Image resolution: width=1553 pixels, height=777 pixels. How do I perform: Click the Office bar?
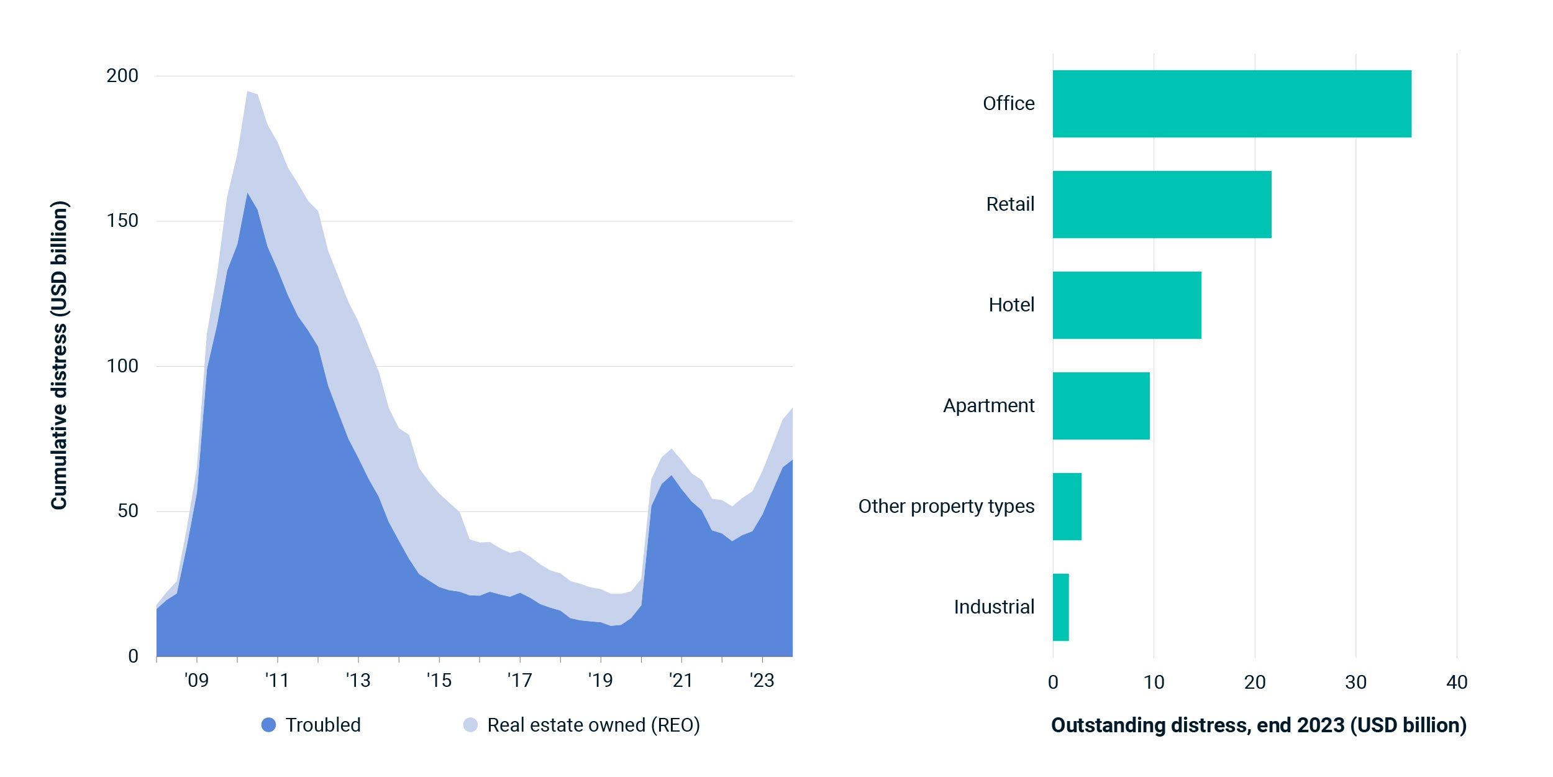pos(1231,104)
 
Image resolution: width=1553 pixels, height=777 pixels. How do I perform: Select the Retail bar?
pos(1162,205)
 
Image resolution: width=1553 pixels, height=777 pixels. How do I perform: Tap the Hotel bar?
pos(1127,305)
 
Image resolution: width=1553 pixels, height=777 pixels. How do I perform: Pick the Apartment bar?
pos(1101,406)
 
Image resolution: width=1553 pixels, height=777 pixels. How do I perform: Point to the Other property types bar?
pos(1067,507)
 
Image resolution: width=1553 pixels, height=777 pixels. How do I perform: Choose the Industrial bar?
pos(1060,607)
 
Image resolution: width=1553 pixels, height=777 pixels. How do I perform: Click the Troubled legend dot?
pos(268,725)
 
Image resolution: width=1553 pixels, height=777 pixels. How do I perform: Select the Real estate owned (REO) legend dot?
pos(470,725)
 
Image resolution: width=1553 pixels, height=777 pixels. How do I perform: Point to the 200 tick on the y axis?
pos(122,76)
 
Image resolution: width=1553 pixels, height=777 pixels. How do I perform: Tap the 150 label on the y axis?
pos(122,221)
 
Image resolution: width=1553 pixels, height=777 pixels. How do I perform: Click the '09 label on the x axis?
pos(196,681)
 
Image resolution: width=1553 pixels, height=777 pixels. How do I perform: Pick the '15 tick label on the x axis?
pos(439,681)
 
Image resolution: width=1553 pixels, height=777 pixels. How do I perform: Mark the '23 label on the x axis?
pos(762,681)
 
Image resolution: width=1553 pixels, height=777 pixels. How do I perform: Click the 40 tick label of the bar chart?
pos(1457,683)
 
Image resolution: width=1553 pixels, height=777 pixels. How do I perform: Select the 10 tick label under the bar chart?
pos(1154,683)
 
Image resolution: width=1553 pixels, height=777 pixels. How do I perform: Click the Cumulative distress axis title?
pos(59,355)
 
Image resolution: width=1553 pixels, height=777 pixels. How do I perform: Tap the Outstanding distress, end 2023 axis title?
pos(1259,725)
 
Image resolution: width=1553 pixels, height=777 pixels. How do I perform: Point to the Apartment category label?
pos(988,406)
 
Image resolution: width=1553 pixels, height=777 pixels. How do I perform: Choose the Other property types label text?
pos(946,507)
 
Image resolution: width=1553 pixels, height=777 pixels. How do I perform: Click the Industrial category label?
pos(994,607)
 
